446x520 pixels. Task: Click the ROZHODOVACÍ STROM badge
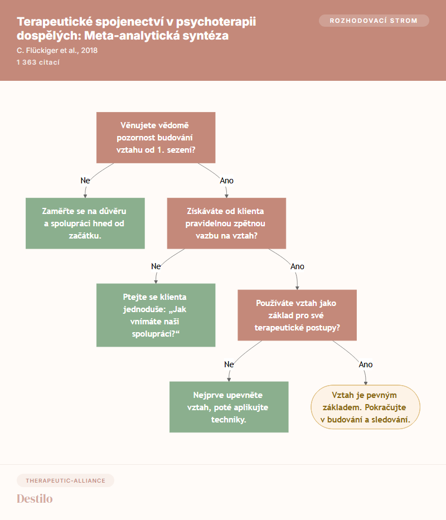click(374, 21)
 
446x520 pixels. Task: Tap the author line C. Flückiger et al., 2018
click(57, 50)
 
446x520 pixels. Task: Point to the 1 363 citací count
click(38, 62)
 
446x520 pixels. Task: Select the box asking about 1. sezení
click(156, 138)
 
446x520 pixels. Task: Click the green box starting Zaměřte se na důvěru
click(85, 223)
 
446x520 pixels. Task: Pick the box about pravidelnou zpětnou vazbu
click(227, 223)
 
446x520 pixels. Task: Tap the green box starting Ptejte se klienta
click(156, 315)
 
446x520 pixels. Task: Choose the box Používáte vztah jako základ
click(297, 315)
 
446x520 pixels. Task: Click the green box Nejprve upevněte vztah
click(229, 407)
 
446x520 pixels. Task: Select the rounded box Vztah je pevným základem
click(365, 407)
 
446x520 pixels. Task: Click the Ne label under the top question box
click(85, 181)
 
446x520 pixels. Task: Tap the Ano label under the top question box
click(227, 181)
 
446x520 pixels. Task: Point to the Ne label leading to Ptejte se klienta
click(156, 266)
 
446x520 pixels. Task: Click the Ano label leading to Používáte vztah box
click(297, 266)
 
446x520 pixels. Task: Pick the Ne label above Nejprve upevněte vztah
click(229, 365)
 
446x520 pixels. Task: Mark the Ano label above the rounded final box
click(366, 365)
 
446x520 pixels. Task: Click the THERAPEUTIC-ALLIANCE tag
click(65, 480)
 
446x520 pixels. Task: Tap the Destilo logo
click(35, 499)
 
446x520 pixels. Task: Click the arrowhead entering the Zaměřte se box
click(85, 196)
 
